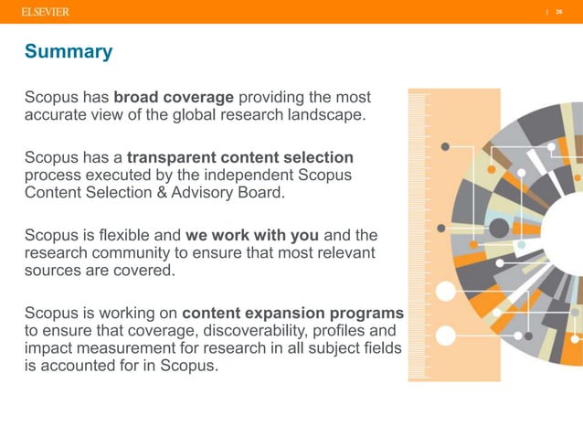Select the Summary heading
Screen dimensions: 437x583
point(69,51)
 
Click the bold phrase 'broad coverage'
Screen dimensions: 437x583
point(174,97)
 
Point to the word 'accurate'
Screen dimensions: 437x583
point(56,114)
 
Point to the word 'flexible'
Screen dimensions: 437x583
point(130,233)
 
